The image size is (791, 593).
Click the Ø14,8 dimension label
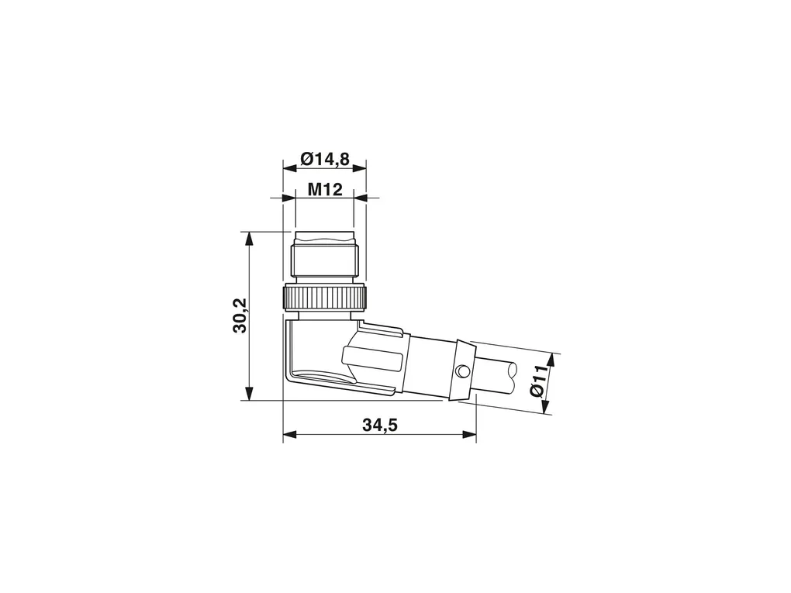[324, 160]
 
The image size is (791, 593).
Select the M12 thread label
[325, 190]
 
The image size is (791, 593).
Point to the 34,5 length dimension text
[380, 425]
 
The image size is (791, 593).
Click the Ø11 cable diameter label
[538, 381]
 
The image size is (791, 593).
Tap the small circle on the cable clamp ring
[461, 371]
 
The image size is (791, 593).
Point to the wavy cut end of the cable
[513, 378]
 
